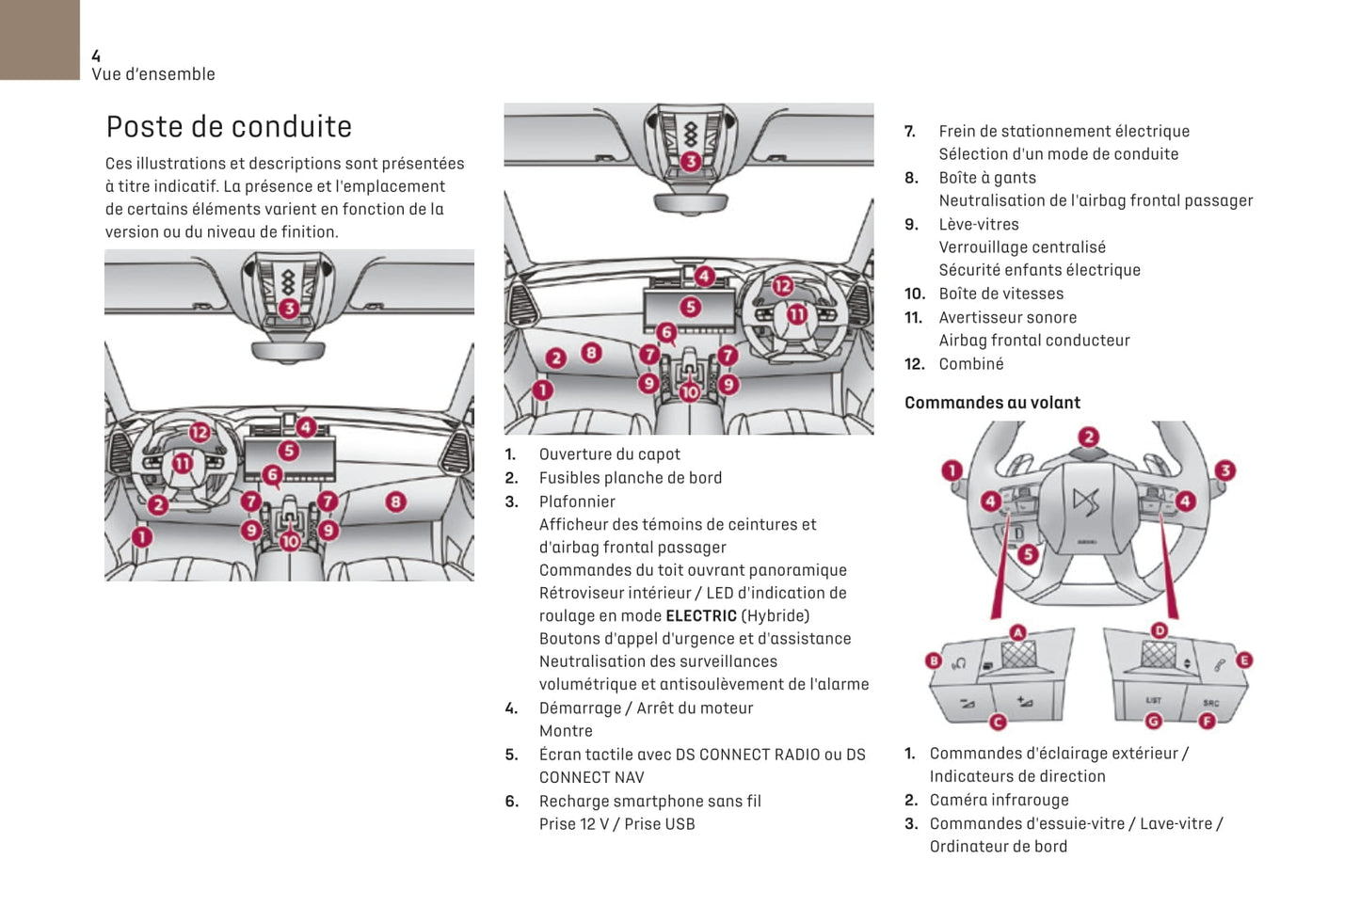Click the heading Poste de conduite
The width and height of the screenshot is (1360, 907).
[229, 127]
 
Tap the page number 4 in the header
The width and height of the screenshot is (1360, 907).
[96, 56]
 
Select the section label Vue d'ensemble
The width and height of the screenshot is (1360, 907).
[153, 74]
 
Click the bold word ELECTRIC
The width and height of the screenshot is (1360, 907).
[701, 616]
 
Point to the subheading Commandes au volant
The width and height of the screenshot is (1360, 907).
[992, 403]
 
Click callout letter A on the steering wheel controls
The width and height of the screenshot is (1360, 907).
[1017, 632]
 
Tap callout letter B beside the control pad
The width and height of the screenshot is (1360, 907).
[934, 660]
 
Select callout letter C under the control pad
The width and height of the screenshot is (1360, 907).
[998, 722]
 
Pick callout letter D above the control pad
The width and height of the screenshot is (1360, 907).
[1160, 630]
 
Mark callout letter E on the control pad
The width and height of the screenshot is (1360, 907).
[1243, 660]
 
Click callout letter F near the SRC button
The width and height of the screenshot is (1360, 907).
[1207, 721]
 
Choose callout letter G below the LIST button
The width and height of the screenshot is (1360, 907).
[1153, 721]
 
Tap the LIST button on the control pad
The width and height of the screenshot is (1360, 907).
[1153, 700]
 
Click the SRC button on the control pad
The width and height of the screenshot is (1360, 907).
[1210, 702]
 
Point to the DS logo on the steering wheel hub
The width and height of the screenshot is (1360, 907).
[1086, 502]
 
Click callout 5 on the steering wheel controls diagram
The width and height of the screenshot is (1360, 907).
[1028, 554]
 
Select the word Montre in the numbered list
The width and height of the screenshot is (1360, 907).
[566, 731]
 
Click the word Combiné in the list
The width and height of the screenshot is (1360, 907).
[971, 364]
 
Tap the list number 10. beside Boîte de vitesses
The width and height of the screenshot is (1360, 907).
[914, 294]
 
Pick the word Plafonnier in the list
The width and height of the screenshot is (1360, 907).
[577, 502]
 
